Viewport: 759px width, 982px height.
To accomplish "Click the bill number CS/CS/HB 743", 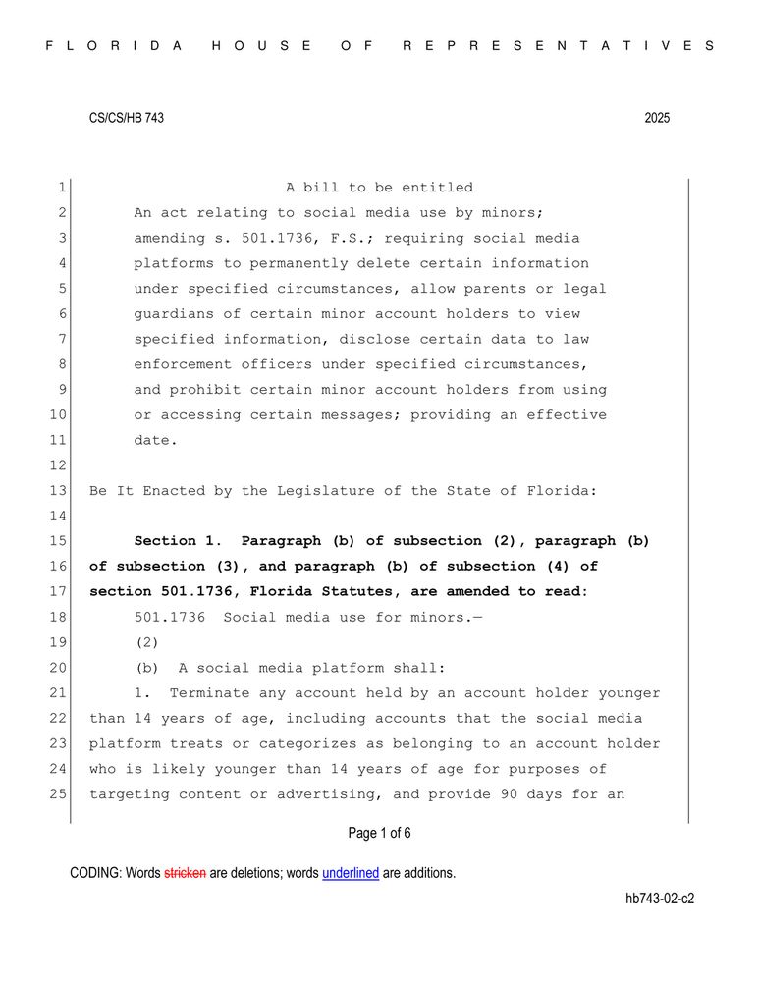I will click(x=127, y=118).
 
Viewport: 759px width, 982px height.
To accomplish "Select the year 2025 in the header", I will click(x=657, y=118).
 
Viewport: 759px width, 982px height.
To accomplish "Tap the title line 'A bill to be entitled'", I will click(x=379, y=188).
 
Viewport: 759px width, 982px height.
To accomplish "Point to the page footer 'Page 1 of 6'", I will click(x=379, y=834).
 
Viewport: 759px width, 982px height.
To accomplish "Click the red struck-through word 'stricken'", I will click(x=185, y=873).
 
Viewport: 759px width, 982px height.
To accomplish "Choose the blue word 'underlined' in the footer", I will click(x=351, y=873).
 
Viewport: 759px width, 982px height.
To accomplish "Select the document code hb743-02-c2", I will click(x=659, y=899).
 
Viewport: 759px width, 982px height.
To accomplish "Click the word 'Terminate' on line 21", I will click(x=210, y=693).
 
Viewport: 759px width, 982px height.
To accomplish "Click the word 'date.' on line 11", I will click(x=156, y=440).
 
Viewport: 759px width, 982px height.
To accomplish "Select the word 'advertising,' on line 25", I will click(x=330, y=793).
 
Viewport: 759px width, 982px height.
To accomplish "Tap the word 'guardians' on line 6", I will click(x=174, y=314).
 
